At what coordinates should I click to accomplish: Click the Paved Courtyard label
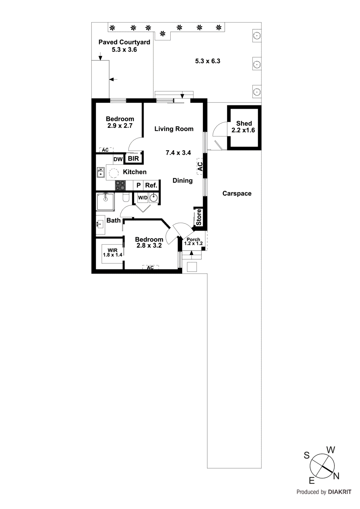pyautogui.click(x=124, y=42)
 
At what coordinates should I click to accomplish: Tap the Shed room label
pyautogui.click(x=244, y=123)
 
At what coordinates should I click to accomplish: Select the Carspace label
pyautogui.click(x=237, y=193)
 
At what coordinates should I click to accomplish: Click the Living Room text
pyautogui.click(x=174, y=129)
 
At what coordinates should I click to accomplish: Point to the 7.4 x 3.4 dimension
pyautogui.click(x=178, y=153)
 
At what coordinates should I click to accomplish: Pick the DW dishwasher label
pyautogui.click(x=118, y=159)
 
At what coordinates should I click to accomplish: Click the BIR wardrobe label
pyautogui.click(x=133, y=158)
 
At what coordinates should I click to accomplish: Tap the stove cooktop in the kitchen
pyautogui.click(x=120, y=185)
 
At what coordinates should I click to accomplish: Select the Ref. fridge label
pyautogui.click(x=151, y=185)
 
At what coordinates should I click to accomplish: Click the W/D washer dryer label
pyautogui.click(x=143, y=198)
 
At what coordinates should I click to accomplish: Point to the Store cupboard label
pyautogui.click(x=199, y=217)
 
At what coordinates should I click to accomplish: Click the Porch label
pyautogui.click(x=193, y=240)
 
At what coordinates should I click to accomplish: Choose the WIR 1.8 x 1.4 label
pyautogui.click(x=112, y=253)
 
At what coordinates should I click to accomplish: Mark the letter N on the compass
pyautogui.click(x=336, y=476)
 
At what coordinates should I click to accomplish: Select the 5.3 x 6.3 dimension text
pyautogui.click(x=208, y=61)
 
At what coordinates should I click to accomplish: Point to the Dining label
pyautogui.click(x=182, y=181)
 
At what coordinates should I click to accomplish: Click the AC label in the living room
pyautogui.click(x=200, y=166)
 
